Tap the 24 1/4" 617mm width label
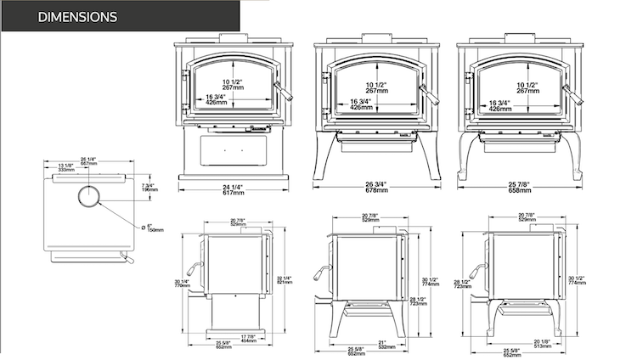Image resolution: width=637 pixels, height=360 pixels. tap(234, 189)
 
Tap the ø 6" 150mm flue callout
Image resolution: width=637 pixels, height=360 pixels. tap(153, 228)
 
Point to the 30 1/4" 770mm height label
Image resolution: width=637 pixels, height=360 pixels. tap(179, 284)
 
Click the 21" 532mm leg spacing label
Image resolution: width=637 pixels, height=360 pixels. tap(383, 345)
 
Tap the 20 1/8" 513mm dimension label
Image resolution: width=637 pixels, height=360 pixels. tap(528, 344)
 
